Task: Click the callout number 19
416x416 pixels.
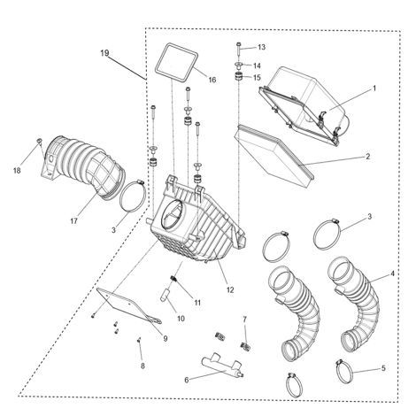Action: tap(104, 53)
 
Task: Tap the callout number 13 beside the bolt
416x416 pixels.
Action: tap(261, 47)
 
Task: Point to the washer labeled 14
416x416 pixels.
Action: tap(238, 65)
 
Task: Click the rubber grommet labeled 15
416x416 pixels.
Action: tap(238, 77)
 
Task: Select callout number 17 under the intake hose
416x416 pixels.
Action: tap(73, 220)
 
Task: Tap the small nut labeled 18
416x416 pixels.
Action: tap(39, 141)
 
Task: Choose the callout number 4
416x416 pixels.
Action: tap(392, 273)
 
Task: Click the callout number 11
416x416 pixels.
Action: tap(197, 303)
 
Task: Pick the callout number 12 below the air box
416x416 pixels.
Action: tap(230, 289)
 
